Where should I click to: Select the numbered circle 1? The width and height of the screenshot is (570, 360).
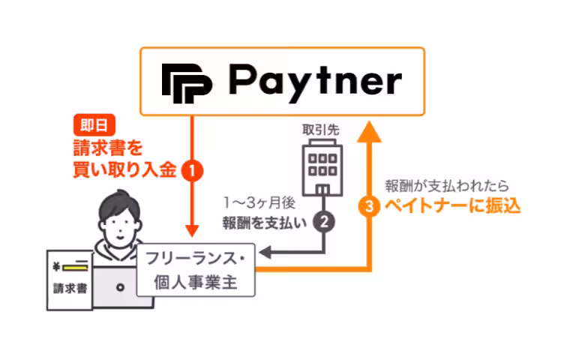[x=193, y=171]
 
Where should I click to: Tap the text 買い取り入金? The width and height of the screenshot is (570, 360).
[x=124, y=170]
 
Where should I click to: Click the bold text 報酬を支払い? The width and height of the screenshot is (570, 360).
[x=265, y=222]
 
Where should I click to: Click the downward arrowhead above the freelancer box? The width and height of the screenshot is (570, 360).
[x=193, y=229]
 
